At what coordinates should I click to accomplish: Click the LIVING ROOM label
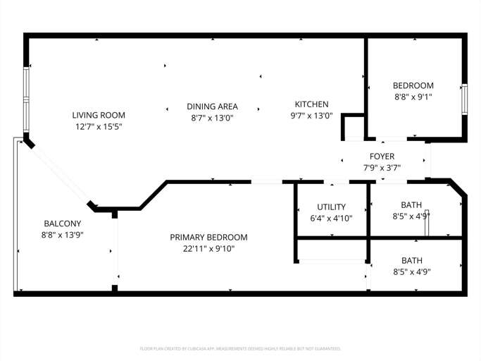[x=99, y=115]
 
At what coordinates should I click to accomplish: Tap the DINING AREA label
[x=212, y=106]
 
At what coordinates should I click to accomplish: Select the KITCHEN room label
[x=311, y=104]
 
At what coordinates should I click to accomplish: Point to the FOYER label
[x=382, y=157]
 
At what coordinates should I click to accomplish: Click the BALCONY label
[x=62, y=224]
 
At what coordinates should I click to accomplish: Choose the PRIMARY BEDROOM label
[x=208, y=237]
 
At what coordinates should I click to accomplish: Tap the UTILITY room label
[x=331, y=207]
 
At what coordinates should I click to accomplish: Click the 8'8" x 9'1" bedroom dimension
[x=413, y=97]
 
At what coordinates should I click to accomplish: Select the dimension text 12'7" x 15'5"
[x=99, y=127]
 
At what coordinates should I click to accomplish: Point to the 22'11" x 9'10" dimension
[x=208, y=248]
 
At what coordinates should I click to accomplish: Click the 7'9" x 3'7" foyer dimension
[x=382, y=168]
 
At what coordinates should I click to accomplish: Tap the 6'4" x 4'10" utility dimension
[x=331, y=219]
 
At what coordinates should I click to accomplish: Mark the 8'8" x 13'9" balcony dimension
[x=62, y=235]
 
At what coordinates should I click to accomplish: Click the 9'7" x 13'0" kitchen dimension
[x=311, y=116]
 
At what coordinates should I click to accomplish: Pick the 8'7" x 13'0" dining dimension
[x=212, y=118]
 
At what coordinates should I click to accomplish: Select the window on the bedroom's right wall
[x=463, y=99]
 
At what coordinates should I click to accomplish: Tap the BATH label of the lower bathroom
[x=412, y=260]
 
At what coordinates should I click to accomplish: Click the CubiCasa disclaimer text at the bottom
[x=240, y=348]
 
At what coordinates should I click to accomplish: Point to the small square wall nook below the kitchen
[x=352, y=128]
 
